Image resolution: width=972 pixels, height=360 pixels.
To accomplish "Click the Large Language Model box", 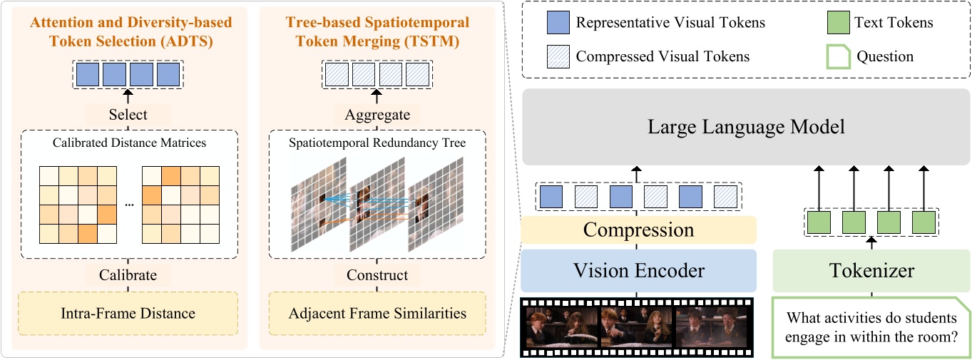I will coord(745,128).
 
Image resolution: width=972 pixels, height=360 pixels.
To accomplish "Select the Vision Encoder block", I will coord(638,270).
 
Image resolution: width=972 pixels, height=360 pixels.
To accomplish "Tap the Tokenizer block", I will coord(871,271).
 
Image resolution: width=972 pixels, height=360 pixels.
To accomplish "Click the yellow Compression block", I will coord(638,230).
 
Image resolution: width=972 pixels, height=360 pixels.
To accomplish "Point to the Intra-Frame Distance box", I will coord(128,312).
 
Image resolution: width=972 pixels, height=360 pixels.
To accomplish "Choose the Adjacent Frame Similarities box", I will coord(377,312).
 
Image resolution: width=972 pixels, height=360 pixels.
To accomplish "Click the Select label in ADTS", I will coord(128,114).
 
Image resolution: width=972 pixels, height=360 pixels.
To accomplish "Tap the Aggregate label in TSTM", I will coord(377,114).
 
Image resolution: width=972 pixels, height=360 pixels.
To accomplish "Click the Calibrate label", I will coord(128,275).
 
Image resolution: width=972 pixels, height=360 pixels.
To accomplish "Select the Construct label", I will coord(377,275).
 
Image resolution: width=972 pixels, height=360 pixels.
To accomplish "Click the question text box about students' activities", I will coord(871,327).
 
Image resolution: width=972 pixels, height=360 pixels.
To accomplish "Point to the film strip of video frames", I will coord(638,327).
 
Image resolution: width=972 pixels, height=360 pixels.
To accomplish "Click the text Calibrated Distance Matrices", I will coord(128,142).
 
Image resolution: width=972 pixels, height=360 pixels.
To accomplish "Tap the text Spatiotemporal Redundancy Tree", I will coord(377,142).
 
